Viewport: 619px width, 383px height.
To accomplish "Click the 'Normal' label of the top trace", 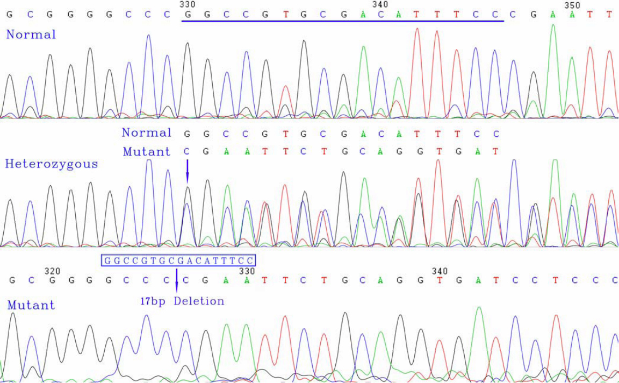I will [x=31, y=34].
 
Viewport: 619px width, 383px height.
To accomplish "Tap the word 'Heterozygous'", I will [x=51, y=164].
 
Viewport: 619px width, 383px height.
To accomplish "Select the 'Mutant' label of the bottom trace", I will [x=31, y=305].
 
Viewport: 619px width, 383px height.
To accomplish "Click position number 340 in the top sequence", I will [x=380, y=5].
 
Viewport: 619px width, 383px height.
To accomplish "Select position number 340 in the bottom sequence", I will [x=440, y=271].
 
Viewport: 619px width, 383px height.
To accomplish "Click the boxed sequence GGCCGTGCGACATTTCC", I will [x=178, y=261].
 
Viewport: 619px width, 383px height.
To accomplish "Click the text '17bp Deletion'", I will [x=182, y=301].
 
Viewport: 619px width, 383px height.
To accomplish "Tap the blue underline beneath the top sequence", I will [x=342, y=22].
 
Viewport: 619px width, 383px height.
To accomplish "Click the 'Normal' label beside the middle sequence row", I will [x=146, y=133].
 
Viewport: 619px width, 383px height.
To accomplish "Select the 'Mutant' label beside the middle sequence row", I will [x=146, y=152].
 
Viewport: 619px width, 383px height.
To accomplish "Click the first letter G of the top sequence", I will [x=9, y=15].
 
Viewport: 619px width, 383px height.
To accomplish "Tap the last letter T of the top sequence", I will [x=609, y=15].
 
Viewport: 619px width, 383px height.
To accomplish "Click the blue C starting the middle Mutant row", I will [x=186, y=152].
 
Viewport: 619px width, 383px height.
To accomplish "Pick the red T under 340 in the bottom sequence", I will [x=440, y=280].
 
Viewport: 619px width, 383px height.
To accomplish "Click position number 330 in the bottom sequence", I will [x=247, y=271].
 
